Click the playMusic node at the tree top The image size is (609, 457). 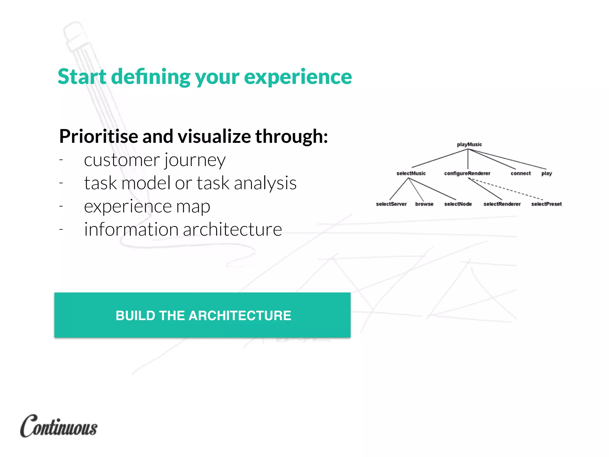click(469, 144)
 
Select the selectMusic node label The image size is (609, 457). click(411, 173)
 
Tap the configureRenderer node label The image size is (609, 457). click(467, 173)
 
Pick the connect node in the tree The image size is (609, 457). click(520, 173)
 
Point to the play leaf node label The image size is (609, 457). click(547, 173)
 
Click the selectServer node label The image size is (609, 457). click(391, 204)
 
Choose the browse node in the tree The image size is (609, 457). click(424, 204)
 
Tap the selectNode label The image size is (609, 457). click(458, 204)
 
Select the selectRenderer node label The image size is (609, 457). click(502, 204)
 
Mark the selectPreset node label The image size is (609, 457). click(546, 204)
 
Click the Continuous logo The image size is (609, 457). click(59, 426)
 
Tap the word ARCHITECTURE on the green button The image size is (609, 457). click(240, 315)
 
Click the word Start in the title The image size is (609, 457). click(82, 76)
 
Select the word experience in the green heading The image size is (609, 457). click(298, 76)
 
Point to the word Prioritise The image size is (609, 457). click(99, 136)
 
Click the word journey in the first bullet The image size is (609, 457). click(195, 161)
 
